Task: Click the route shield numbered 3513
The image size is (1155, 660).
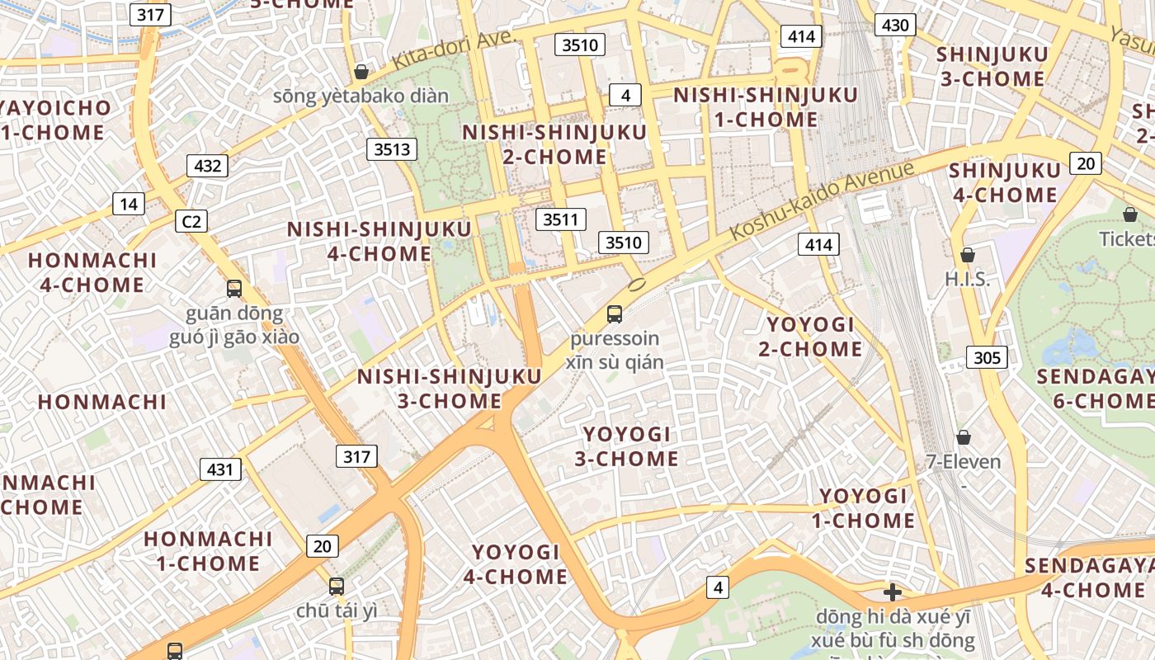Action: (x=392, y=149)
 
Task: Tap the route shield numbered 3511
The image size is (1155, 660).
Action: (x=561, y=219)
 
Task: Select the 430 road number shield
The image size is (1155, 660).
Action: (x=895, y=26)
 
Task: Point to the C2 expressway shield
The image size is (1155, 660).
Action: (x=191, y=221)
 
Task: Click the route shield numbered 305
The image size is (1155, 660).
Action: (x=987, y=357)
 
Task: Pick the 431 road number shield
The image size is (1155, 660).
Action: (x=220, y=469)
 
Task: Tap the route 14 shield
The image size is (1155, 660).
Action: (x=129, y=204)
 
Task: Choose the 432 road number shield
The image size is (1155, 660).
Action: (x=207, y=166)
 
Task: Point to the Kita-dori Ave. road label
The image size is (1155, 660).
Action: (x=453, y=51)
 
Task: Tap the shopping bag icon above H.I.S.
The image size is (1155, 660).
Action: (x=968, y=256)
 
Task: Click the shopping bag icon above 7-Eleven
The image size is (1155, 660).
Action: (x=963, y=437)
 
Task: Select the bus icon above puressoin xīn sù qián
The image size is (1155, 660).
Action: (x=615, y=313)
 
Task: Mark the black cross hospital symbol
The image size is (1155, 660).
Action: (x=892, y=592)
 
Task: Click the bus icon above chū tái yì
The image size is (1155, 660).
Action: (x=337, y=587)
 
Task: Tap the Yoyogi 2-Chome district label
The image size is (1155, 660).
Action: (x=810, y=337)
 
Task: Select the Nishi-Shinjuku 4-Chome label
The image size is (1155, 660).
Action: (x=379, y=241)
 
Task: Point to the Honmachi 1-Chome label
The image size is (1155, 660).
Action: (x=208, y=551)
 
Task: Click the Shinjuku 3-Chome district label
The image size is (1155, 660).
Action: (x=992, y=67)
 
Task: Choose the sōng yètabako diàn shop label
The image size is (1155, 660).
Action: (x=361, y=96)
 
